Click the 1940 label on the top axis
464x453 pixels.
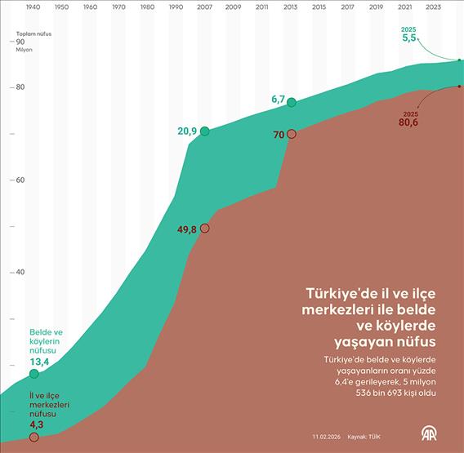(x=33, y=7)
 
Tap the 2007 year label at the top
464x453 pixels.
(x=204, y=7)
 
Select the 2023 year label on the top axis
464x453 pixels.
(x=433, y=7)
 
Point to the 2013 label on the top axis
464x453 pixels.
(x=291, y=7)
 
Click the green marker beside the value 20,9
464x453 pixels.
(x=204, y=131)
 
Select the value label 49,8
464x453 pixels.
(x=187, y=229)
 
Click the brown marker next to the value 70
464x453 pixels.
(x=292, y=133)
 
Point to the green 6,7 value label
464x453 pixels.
(x=278, y=100)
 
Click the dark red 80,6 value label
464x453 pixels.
(x=408, y=122)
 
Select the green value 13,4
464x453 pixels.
(x=40, y=362)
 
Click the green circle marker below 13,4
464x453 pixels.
(x=33, y=374)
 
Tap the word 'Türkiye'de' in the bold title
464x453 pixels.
(x=336, y=293)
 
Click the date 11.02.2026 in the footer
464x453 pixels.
(x=325, y=435)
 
